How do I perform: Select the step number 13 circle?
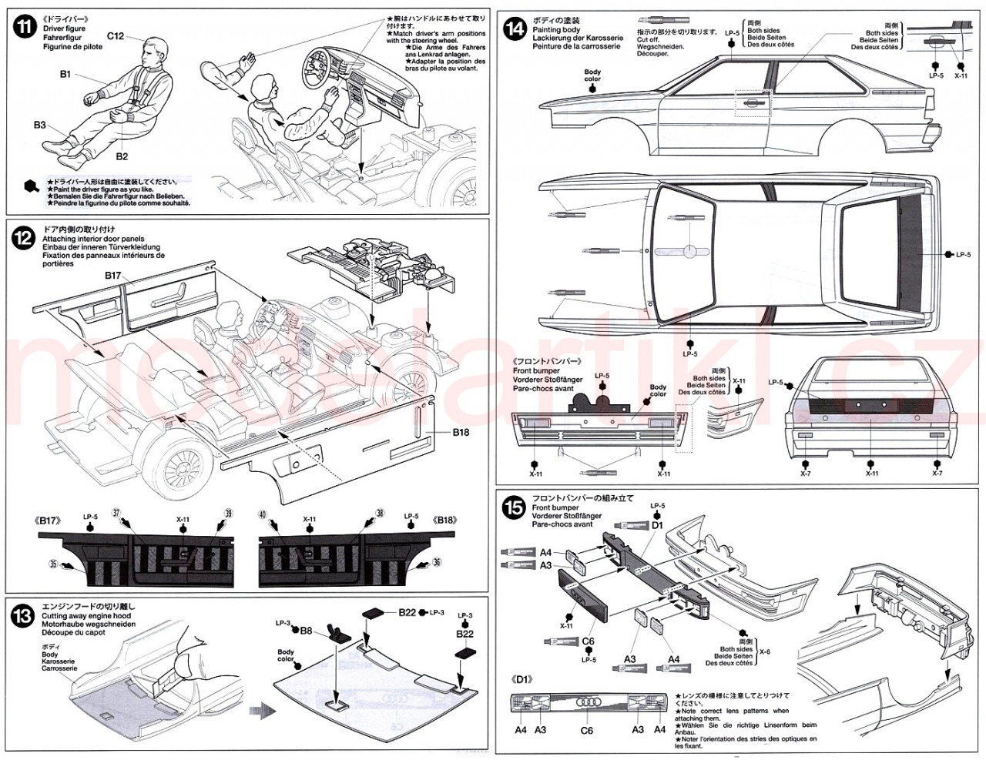point(24,616)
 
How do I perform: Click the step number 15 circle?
point(513,508)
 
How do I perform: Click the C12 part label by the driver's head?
point(116,35)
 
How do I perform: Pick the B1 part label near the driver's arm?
point(65,74)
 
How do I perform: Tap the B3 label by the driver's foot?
point(39,125)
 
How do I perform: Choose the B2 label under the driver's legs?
point(122,156)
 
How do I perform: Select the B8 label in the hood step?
point(306,629)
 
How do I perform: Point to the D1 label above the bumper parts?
point(657,525)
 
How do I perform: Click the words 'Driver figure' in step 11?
point(65,29)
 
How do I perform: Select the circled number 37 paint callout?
point(116,513)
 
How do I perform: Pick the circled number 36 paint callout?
point(437,563)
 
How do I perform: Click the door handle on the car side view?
point(750,100)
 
